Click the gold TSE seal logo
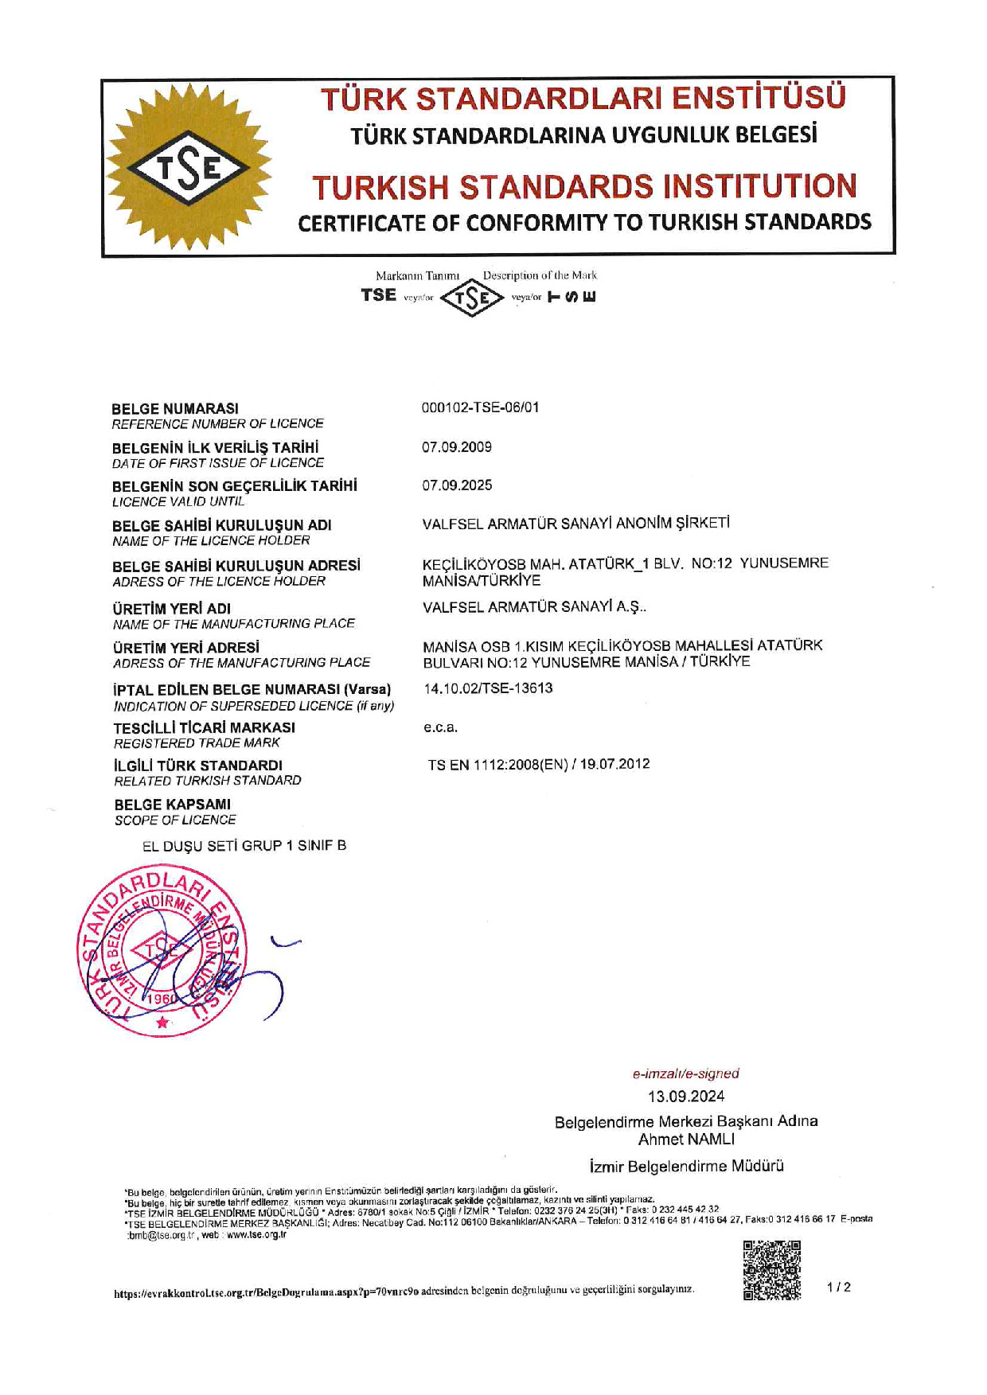189,168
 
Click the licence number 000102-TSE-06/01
480,407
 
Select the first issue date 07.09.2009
457,447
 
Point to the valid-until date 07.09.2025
457,485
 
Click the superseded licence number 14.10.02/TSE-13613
488,688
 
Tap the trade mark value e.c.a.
440,727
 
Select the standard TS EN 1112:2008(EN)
498,765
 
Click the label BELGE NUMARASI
175,409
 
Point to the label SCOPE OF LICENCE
175,820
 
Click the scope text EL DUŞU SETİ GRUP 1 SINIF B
244,846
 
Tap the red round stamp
161,954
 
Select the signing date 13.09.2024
686,1097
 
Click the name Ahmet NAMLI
686,1139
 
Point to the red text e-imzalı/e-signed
686,1074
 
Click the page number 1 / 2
839,1287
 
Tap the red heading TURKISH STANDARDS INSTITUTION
584,187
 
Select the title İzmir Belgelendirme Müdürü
686,1167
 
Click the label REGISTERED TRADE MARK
197,743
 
